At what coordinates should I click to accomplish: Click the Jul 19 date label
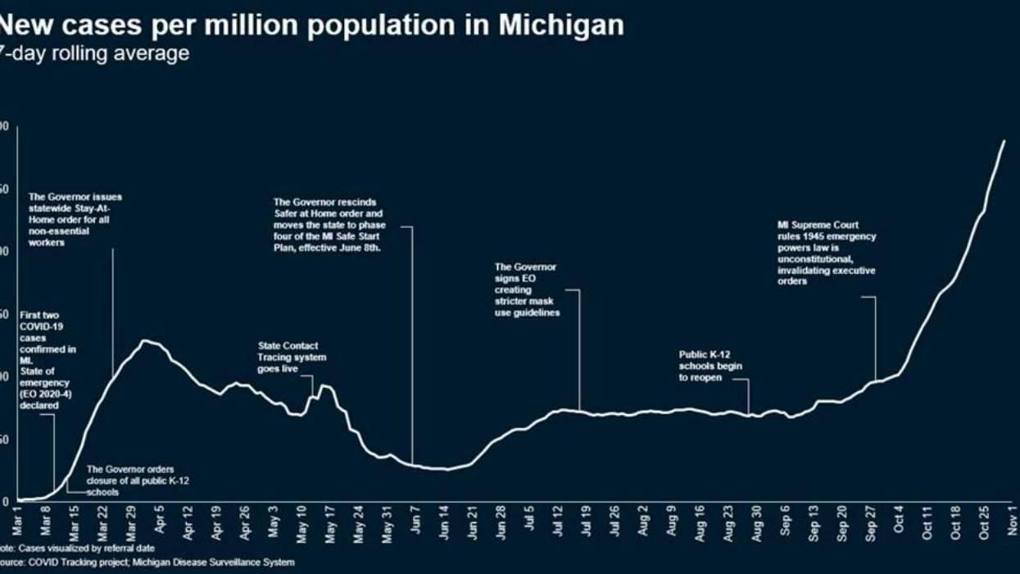click(585, 522)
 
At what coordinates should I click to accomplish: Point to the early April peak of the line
click(145, 340)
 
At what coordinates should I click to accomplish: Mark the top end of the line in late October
click(1004, 141)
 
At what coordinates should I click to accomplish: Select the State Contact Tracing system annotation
click(292, 358)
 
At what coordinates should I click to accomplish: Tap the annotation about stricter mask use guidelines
click(527, 289)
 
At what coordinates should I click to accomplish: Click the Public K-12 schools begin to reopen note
click(709, 366)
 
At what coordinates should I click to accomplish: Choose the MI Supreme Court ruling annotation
click(826, 253)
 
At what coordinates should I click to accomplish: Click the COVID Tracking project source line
click(147, 563)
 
